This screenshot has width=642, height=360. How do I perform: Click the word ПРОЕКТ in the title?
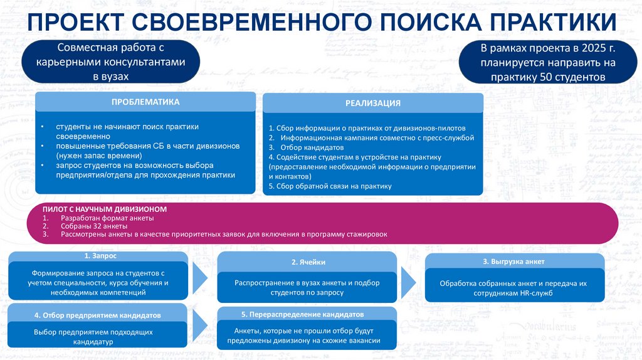(74, 24)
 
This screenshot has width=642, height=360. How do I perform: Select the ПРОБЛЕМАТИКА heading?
(145, 102)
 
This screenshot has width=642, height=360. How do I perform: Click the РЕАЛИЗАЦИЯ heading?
(372, 103)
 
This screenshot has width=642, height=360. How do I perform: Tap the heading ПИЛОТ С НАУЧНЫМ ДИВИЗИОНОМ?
(105, 208)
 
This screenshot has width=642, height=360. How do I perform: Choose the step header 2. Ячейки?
(308, 262)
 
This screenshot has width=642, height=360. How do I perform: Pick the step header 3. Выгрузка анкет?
(513, 261)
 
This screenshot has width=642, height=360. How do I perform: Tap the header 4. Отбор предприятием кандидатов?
(98, 315)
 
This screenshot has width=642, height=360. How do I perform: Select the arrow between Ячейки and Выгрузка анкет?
(408, 278)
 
